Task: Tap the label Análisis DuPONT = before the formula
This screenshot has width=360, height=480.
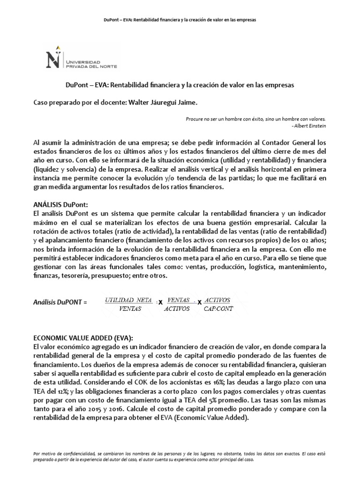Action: click(x=60, y=303)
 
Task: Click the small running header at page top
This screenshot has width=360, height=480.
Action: click(x=180, y=20)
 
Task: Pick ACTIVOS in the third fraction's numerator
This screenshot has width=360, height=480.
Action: click(x=217, y=300)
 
